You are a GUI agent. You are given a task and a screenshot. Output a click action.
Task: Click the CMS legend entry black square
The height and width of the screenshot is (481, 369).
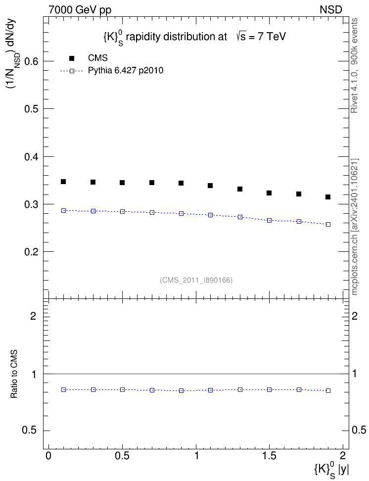pyautogui.click(x=72, y=58)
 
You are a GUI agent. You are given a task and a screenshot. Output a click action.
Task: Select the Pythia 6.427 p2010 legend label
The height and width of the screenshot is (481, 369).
pyautogui.click(x=126, y=71)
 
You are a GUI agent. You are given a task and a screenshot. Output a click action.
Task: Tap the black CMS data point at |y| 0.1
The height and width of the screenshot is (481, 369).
pyautogui.click(x=63, y=182)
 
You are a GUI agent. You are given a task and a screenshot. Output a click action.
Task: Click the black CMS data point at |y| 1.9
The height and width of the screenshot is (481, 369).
pyautogui.click(x=328, y=197)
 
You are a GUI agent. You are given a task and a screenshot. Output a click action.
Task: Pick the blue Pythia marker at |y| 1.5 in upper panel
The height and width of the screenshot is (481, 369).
pyautogui.click(x=269, y=220)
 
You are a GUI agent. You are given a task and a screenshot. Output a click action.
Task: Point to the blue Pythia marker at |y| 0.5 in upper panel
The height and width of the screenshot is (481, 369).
pyautogui.click(x=122, y=211)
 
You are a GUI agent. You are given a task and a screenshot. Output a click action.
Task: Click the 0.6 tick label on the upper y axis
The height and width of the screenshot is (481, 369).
pyautogui.click(x=31, y=61)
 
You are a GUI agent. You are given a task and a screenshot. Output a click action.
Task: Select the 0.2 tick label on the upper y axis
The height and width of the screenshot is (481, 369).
pyautogui.click(x=31, y=252)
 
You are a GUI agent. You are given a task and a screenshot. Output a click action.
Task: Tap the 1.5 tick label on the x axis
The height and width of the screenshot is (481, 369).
pyautogui.click(x=269, y=455)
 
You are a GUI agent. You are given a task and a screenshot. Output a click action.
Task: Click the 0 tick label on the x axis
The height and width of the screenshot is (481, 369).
pyautogui.click(x=48, y=455)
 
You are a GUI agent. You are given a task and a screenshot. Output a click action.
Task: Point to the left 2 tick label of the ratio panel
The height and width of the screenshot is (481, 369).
pyautogui.click(x=34, y=316)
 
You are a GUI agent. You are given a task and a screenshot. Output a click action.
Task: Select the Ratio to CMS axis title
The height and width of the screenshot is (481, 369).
pyautogui.click(x=14, y=374)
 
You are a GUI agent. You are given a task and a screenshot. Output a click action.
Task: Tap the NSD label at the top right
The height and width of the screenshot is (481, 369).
pyautogui.click(x=331, y=10)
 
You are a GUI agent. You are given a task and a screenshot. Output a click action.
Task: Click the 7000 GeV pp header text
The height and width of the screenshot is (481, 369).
pyautogui.click(x=80, y=10)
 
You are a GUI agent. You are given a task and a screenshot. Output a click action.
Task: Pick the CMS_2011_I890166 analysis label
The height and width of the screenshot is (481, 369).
pyautogui.click(x=196, y=280)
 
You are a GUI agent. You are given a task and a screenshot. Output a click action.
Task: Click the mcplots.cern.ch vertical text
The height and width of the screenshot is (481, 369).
pyautogui.click(x=355, y=227)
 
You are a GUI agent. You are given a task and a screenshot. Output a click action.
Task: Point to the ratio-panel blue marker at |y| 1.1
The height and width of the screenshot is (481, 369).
pyautogui.click(x=210, y=390)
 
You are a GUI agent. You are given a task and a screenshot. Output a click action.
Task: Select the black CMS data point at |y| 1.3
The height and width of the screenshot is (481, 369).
pyautogui.click(x=240, y=189)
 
